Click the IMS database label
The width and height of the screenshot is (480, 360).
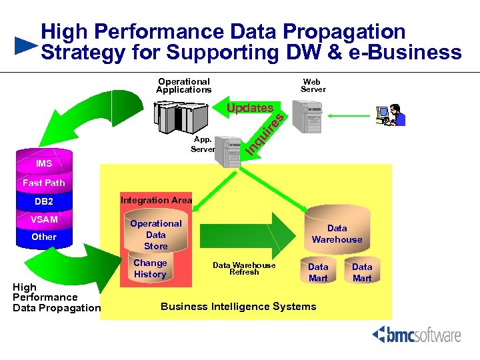point(44,163)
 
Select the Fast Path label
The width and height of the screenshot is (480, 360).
point(44,183)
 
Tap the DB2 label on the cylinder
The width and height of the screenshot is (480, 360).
point(44,201)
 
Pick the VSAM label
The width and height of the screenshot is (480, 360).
point(44,219)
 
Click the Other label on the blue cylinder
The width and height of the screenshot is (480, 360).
point(44,237)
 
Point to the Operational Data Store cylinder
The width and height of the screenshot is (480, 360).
point(155,234)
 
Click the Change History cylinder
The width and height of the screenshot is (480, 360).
point(150,269)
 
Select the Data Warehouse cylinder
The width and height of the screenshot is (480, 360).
point(337,230)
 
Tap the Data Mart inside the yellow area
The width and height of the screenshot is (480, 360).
point(318,271)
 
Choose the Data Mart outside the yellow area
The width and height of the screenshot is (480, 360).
point(362,271)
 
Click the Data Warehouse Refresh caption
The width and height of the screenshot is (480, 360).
point(244,268)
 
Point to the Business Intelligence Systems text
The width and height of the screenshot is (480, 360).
point(239,307)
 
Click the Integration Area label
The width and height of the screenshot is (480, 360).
point(156,200)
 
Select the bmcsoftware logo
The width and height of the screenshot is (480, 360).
point(416,334)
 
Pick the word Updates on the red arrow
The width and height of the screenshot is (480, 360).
point(249,108)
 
